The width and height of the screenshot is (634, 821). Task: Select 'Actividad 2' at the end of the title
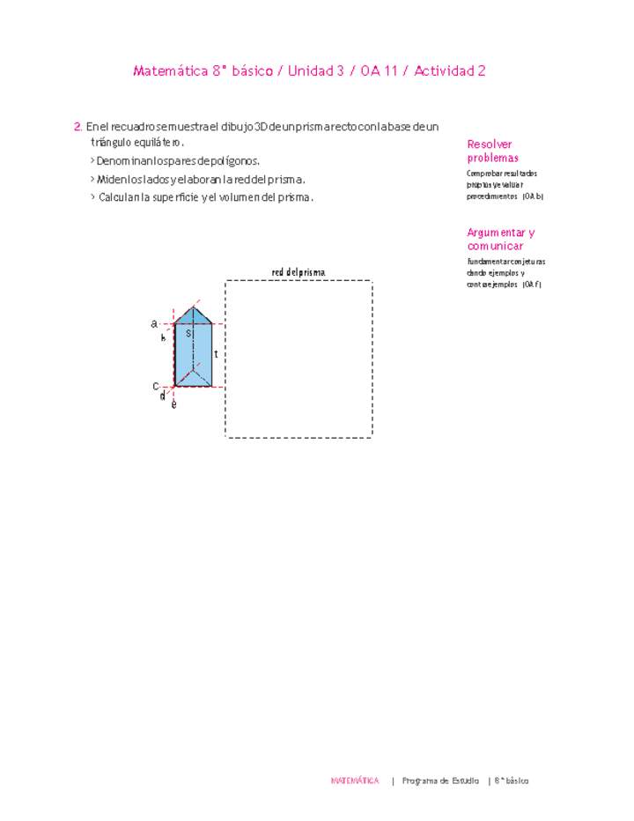pyautogui.click(x=450, y=71)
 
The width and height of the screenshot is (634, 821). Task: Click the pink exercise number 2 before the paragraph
pyautogui.click(x=78, y=127)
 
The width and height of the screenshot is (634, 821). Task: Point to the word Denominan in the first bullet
pyautogui.click(x=124, y=161)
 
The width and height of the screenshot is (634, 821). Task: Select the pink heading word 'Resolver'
pyautogui.click(x=490, y=144)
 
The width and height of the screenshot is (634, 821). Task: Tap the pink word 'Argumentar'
pyautogui.click(x=496, y=233)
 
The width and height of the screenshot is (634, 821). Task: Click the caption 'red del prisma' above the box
pyautogui.click(x=299, y=272)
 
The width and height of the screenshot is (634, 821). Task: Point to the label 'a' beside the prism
pyautogui.click(x=153, y=323)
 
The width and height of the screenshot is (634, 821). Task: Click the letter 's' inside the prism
pyautogui.click(x=188, y=333)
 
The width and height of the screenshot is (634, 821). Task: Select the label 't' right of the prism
pyautogui.click(x=216, y=353)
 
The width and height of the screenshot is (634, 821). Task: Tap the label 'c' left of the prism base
pyautogui.click(x=155, y=386)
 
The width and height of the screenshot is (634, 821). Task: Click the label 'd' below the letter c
pyautogui.click(x=162, y=396)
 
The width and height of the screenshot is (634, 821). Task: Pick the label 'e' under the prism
pyautogui.click(x=173, y=404)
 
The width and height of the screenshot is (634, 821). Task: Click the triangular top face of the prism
pyautogui.click(x=194, y=314)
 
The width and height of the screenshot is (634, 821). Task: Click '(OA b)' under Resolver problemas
pyautogui.click(x=533, y=197)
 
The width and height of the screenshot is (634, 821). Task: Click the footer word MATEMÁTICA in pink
pyautogui.click(x=355, y=780)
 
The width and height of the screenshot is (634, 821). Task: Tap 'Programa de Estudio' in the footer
pyautogui.click(x=440, y=780)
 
